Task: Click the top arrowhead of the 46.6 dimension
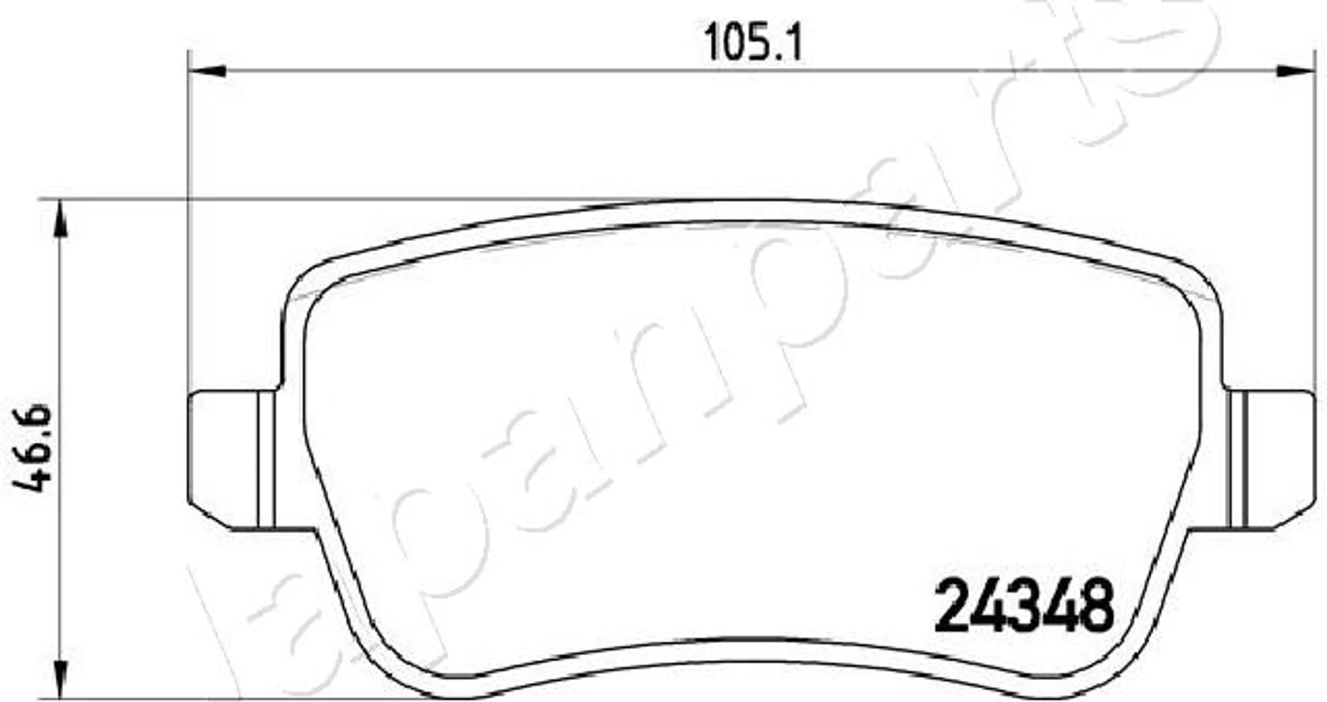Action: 61,219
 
